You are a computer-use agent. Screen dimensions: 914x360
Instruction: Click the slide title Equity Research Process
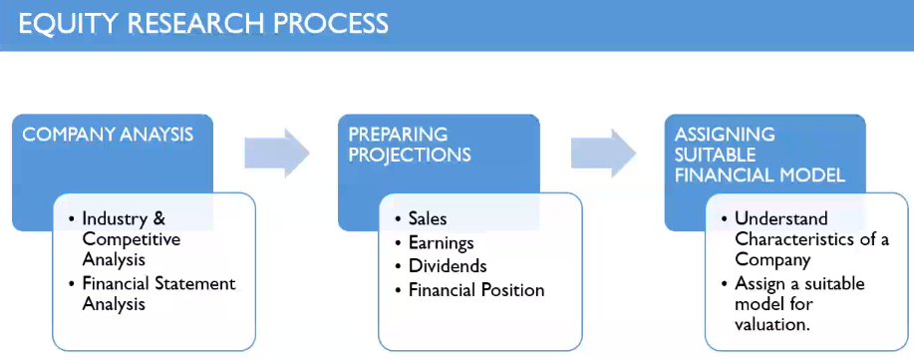click(x=203, y=24)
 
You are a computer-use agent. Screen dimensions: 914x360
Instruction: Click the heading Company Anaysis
click(x=108, y=135)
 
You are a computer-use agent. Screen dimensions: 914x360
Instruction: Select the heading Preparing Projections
click(x=410, y=145)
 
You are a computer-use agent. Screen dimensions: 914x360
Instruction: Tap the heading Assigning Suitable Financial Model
click(x=760, y=155)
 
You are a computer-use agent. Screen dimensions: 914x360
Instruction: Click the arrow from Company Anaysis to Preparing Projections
click(x=277, y=153)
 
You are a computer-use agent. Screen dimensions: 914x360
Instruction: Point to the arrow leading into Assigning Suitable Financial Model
click(x=603, y=153)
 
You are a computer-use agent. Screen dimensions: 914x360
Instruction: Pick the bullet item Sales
click(x=428, y=218)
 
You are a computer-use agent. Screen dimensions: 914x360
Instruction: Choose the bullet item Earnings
click(x=442, y=242)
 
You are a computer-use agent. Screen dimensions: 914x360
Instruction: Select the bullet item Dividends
click(x=448, y=266)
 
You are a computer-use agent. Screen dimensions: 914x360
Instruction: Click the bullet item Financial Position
click(x=476, y=289)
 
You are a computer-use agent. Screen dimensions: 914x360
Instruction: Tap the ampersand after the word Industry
click(x=159, y=218)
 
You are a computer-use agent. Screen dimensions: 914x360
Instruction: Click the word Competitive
click(x=132, y=239)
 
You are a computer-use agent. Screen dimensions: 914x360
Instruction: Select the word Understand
click(x=781, y=218)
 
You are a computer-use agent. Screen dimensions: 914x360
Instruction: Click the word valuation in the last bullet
click(x=772, y=324)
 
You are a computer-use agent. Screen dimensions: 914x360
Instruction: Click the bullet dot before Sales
click(x=398, y=220)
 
